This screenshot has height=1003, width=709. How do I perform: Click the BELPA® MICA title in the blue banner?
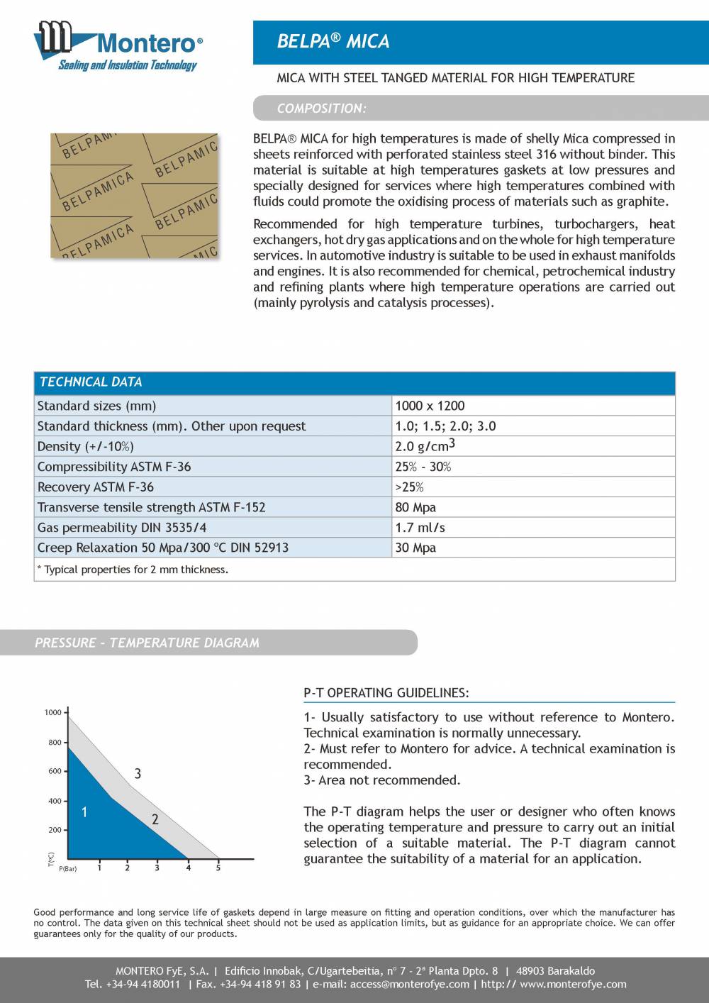tap(333, 42)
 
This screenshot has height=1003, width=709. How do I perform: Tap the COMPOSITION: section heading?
tap(321, 109)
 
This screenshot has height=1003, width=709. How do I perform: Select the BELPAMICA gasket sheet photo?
tap(134, 195)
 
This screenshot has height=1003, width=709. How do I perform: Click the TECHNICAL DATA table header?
tap(91, 382)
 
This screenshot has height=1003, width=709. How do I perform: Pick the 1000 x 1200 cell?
tap(430, 406)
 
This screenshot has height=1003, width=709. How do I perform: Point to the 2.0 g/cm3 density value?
tap(425, 446)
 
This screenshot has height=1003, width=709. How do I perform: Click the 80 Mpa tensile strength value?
tap(415, 507)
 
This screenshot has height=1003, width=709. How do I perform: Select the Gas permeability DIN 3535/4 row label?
tap(122, 528)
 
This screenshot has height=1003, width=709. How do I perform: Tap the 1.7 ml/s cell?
tap(420, 528)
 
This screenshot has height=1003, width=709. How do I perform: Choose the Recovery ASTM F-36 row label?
tap(95, 487)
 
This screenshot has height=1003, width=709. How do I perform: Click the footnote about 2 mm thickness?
tap(133, 570)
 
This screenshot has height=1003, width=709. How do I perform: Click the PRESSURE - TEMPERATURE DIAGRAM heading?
tap(147, 643)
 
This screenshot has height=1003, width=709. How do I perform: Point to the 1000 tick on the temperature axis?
tap(53, 712)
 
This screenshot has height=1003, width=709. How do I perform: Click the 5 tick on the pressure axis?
tap(218, 868)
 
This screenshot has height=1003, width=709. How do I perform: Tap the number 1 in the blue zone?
tap(84, 812)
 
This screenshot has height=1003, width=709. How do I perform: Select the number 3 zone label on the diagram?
tap(138, 774)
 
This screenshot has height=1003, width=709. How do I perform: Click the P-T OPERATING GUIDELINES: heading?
tap(386, 692)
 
